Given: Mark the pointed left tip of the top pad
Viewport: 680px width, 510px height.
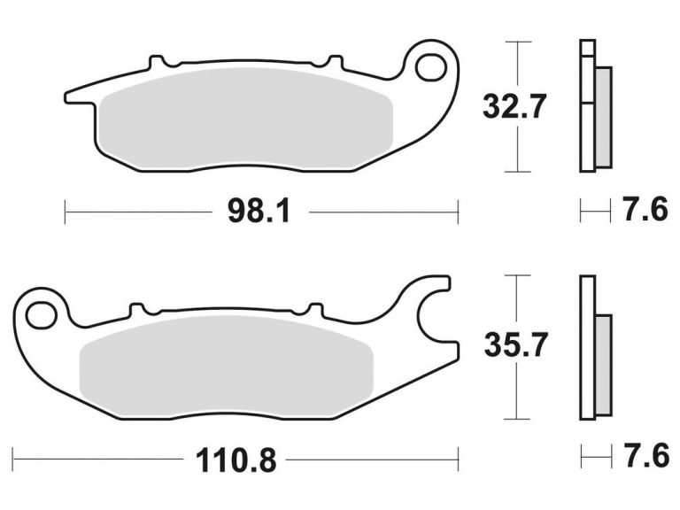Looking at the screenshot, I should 67,94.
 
